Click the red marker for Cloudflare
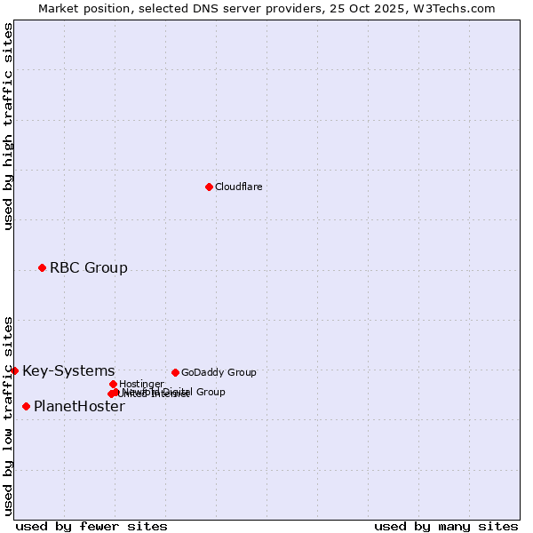(209, 187)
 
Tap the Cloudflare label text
(238, 187)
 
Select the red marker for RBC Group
(42, 267)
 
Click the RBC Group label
(88, 267)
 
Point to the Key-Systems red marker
(15, 370)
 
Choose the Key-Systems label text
(68, 370)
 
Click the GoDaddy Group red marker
(175, 372)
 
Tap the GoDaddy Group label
(219, 372)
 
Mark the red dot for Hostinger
(113, 384)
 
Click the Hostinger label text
(141, 384)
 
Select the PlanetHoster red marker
(26, 406)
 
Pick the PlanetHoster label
(79, 407)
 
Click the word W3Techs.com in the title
(459, 8)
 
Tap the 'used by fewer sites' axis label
(91, 526)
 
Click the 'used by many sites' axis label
(445, 526)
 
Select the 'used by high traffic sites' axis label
(8, 126)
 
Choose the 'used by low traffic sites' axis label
(8, 415)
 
